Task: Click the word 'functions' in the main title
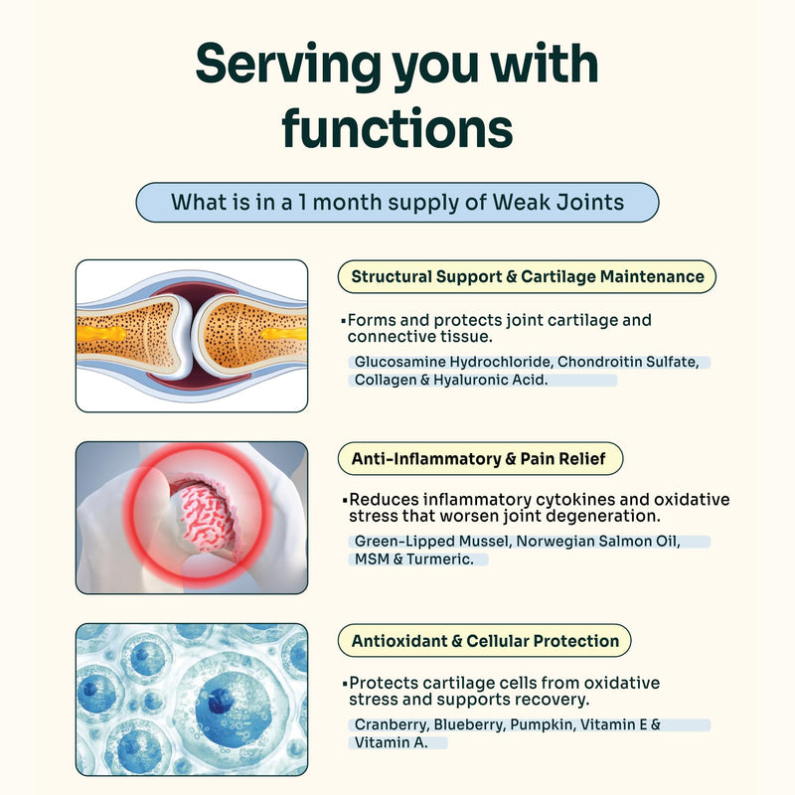pos(397,128)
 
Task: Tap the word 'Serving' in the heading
pos(288,66)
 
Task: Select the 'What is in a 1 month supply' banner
pos(397,203)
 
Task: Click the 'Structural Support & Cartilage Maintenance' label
pos(527,277)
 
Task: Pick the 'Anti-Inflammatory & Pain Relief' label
pos(480,459)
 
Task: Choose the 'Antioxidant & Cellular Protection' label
pos(484,641)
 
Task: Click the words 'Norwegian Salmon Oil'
pos(596,542)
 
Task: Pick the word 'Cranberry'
pos(391,725)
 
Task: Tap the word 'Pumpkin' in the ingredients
pos(542,725)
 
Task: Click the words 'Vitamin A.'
pos(391,742)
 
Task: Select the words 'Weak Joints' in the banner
pos(558,203)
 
